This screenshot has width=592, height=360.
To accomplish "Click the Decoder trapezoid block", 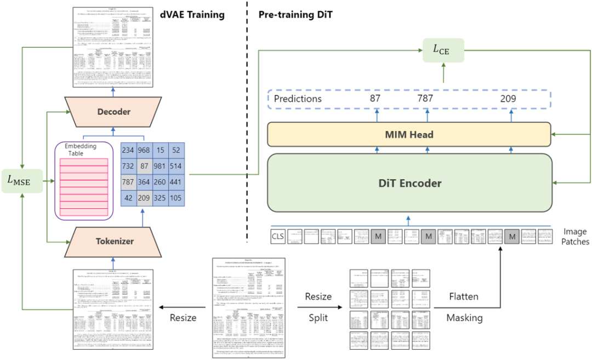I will click(x=114, y=112).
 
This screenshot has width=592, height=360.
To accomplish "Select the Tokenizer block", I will click(x=114, y=241).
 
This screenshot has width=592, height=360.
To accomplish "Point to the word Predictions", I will click(x=298, y=99).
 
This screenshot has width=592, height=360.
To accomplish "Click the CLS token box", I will click(x=278, y=236).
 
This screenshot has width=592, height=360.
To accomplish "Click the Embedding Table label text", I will click(x=81, y=150).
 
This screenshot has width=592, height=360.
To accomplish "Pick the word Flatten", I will click(x=463, y=297).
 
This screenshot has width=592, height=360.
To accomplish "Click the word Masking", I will click(x=463, y=318).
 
